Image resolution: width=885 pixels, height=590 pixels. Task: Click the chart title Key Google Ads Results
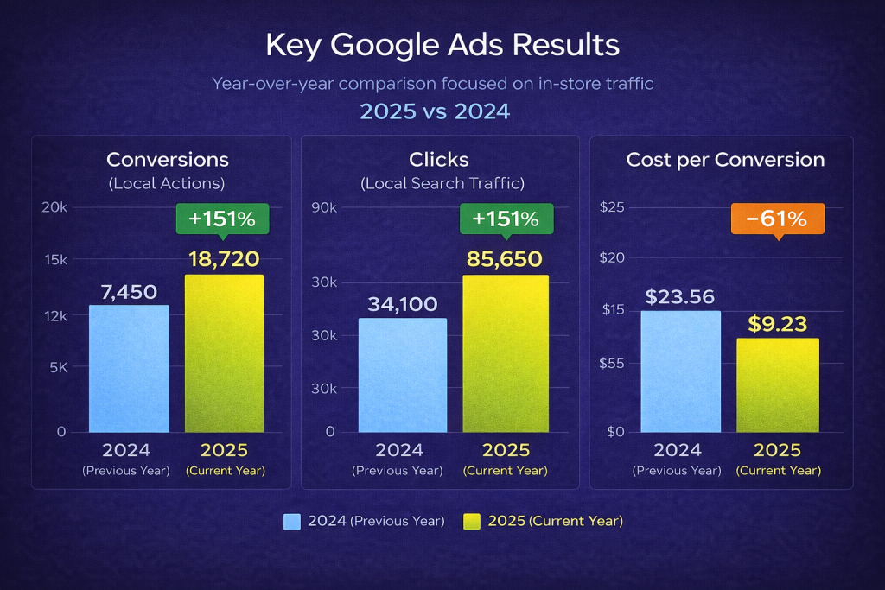(x=442, y=45)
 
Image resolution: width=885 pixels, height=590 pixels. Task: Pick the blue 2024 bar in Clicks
(x=403, y=375)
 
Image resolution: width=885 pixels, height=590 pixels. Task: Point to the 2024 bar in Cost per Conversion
(x=680, y=371)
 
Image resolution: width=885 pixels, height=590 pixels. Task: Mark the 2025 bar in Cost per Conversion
(x=778, y=384)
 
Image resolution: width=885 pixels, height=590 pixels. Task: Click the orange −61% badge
(x=777, y=219)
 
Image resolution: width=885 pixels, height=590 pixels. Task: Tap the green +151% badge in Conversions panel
(x=222, y=219)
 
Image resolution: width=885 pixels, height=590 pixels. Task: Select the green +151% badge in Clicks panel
(x=506, y=219)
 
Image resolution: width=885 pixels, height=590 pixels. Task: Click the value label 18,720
(x=224, y=258)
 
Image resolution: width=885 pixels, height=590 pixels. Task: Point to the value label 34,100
(x=403, y=304)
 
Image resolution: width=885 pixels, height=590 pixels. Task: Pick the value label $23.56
(x=680, y=296)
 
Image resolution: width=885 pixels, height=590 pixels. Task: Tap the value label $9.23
(x=778, y=324)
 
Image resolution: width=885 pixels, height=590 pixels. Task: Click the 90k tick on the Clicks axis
(x=327, y=207)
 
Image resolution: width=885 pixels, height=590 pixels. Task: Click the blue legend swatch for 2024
(x=292, y=522)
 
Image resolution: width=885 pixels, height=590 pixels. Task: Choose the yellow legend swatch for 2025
(x=472, y=522)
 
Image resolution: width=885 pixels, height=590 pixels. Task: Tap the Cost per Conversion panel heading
(x=725, y=160)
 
